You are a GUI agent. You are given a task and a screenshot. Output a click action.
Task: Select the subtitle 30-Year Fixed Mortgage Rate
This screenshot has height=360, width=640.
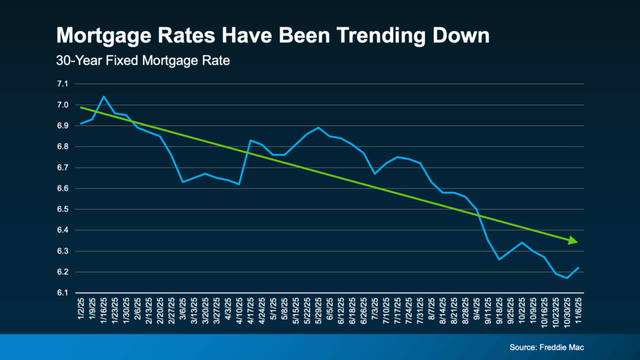tap(124, 62)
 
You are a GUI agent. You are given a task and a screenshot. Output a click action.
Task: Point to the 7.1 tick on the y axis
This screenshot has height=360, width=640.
tap(62, 84)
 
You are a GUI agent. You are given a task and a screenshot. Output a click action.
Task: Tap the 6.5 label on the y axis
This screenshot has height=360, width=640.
tap(62, 209)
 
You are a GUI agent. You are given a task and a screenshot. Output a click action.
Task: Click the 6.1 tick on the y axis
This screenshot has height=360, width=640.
tap(62, 293)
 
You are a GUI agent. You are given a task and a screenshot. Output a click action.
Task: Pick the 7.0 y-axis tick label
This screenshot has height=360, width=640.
tap(62, 105)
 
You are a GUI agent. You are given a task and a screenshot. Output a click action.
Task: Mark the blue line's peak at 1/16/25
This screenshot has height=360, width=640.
tap(103, 97)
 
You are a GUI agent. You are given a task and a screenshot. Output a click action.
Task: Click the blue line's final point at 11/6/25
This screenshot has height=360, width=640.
tap(579, 267)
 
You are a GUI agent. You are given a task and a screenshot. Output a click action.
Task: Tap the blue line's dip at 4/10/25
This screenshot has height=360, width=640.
tap(239, 184)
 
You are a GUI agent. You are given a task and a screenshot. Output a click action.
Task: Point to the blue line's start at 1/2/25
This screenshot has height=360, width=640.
tap(81, 124)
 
